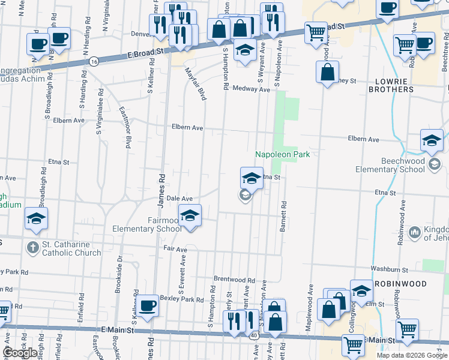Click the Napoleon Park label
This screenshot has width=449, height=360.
(282, 154)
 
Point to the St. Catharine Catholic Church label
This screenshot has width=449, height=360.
(71, 248)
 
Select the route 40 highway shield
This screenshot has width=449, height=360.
(255, 336)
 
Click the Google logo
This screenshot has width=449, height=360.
(20, 353)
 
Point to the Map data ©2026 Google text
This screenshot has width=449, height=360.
(411, 355)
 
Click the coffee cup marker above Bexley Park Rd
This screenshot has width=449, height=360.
(147, 305)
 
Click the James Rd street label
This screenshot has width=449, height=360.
(161, 191)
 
